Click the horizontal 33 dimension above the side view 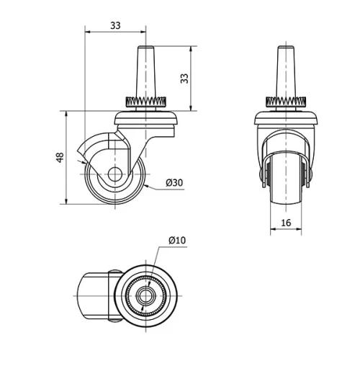tap(115, 25)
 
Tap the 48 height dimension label tap(61, 157)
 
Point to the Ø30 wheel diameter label tap(175, 183)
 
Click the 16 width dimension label tap(286, 223)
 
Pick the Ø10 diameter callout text tap(177, 240)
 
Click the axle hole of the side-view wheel tap(114, 174)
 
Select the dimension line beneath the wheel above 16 tap(286, 231)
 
